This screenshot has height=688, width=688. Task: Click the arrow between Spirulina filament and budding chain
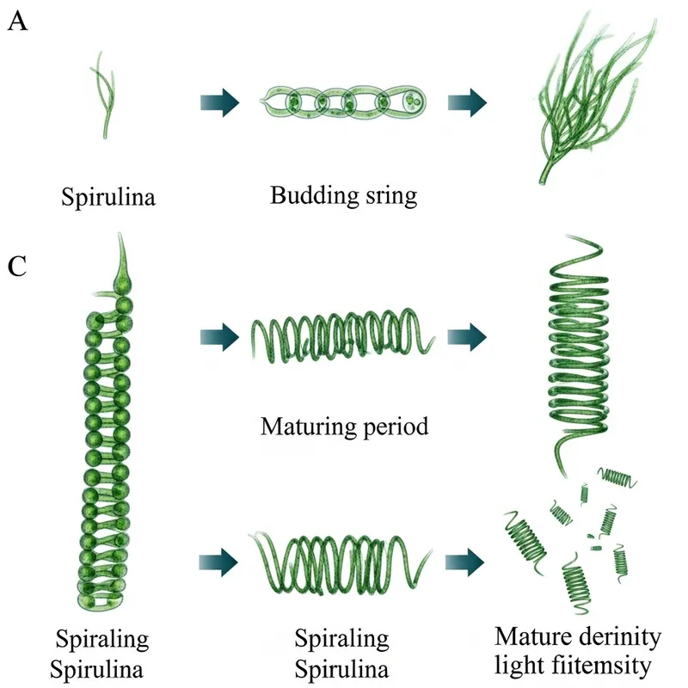(218, 103)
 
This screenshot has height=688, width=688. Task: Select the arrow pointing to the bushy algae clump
(467, 103)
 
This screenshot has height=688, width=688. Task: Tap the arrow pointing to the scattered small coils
(467, 562)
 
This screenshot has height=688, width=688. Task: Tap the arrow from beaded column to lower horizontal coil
(218, 562)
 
